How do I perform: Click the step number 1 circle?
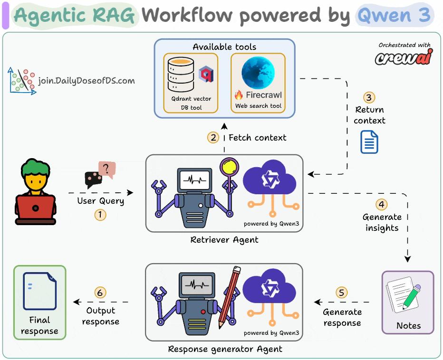tap(100, 215)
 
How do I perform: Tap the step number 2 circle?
tap(213, 138)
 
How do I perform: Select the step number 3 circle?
tap(369, 97)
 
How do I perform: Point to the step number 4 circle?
tap(382, 205)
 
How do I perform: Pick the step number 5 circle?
tap(342, 292)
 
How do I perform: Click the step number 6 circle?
tap(100, 293)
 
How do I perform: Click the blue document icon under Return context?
tap(369, 142)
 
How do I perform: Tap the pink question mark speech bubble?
tap(107, 170)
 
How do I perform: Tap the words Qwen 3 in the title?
tap(394, 15)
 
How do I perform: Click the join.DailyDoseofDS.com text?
tap(86, 81)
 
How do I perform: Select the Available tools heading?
tap(224, 47)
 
